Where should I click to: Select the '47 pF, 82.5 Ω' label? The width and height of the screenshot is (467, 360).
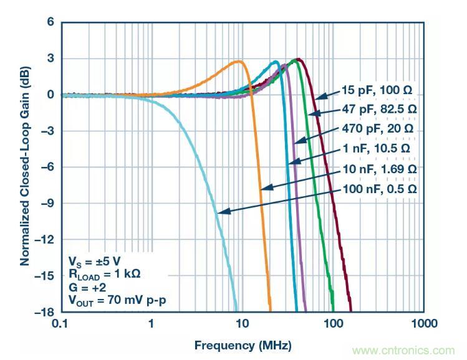[378, 109]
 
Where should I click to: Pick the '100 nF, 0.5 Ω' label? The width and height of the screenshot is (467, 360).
[378, 189]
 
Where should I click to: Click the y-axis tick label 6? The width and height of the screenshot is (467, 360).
[49, 22]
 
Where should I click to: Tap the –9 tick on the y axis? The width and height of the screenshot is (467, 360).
[46, 203]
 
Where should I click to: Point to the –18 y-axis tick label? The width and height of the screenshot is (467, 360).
[43, 311]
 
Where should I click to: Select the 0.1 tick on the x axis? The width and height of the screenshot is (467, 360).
[60, 324]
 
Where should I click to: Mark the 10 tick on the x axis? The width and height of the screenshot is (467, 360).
[243, 324]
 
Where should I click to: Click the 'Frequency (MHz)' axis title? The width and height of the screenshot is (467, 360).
[243, 345]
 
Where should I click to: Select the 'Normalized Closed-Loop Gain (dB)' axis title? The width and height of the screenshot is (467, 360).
[25, 167]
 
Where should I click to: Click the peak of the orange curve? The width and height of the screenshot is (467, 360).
[239, 62]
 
